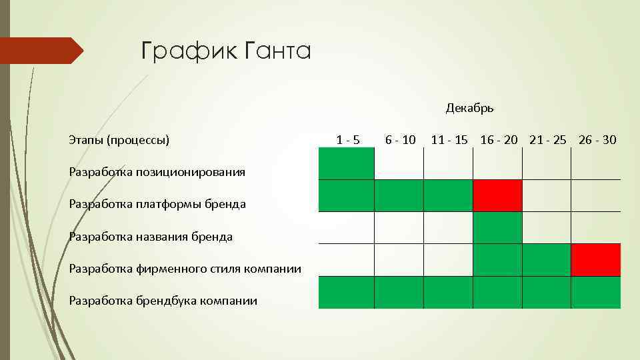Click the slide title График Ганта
226,51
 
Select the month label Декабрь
469,108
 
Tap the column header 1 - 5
347,140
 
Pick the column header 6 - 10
400,140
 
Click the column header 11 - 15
449,140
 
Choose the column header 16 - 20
499,140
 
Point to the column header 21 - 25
548,140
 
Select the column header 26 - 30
597,140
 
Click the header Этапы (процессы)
119,140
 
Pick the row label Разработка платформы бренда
157,204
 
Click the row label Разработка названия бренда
151,237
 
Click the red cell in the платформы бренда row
497,195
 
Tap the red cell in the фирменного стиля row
596,260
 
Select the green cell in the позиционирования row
347,163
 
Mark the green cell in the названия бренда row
497,227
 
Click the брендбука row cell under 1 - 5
347,292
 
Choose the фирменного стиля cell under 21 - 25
547,260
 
